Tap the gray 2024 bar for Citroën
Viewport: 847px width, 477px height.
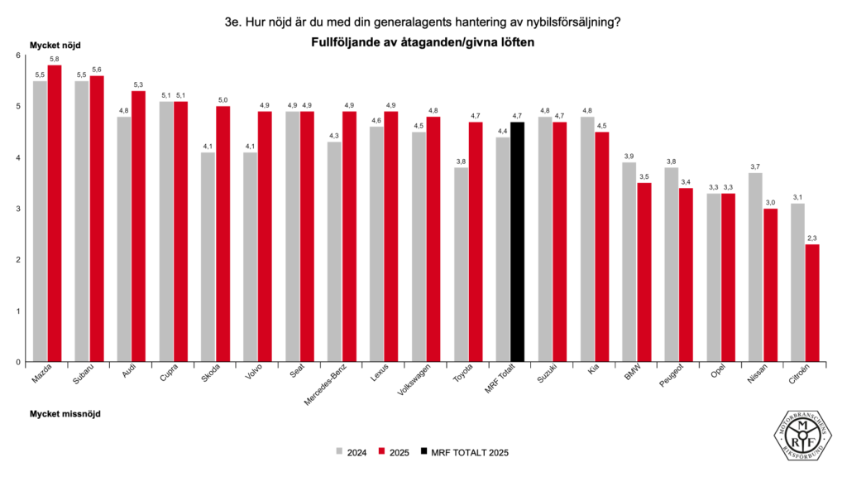[x=797, y=282]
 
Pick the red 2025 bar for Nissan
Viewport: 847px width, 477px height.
[x=770, y=285]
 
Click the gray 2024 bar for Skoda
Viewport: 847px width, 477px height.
[x=208, y=257]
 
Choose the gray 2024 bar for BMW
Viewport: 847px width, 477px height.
[x=629, y=262]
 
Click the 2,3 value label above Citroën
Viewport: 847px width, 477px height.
[x=812, y=238]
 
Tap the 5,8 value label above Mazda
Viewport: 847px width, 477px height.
[x=55, y=60]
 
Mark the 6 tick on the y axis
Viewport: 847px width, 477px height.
[x=17, y=55]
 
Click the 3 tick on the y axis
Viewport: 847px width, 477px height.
[x=17, y=209]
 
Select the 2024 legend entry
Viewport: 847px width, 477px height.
[x=352, y=452]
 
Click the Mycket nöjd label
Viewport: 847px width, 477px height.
[x=55, y=45]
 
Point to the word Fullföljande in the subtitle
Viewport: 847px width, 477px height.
[x=350, y=42]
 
